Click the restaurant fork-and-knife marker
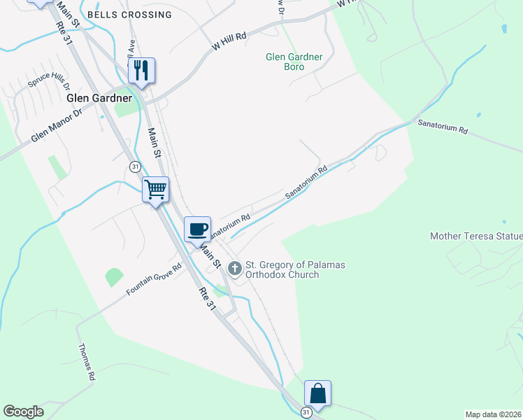[141, 71]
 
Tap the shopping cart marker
[156, 189]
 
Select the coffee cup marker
[198, 229]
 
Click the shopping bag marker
[317, 393]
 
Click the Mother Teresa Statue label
[476, 237]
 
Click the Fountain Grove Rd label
[154, 279]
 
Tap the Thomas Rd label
[86, 362]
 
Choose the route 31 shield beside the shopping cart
[134, 166]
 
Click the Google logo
[23, 412]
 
